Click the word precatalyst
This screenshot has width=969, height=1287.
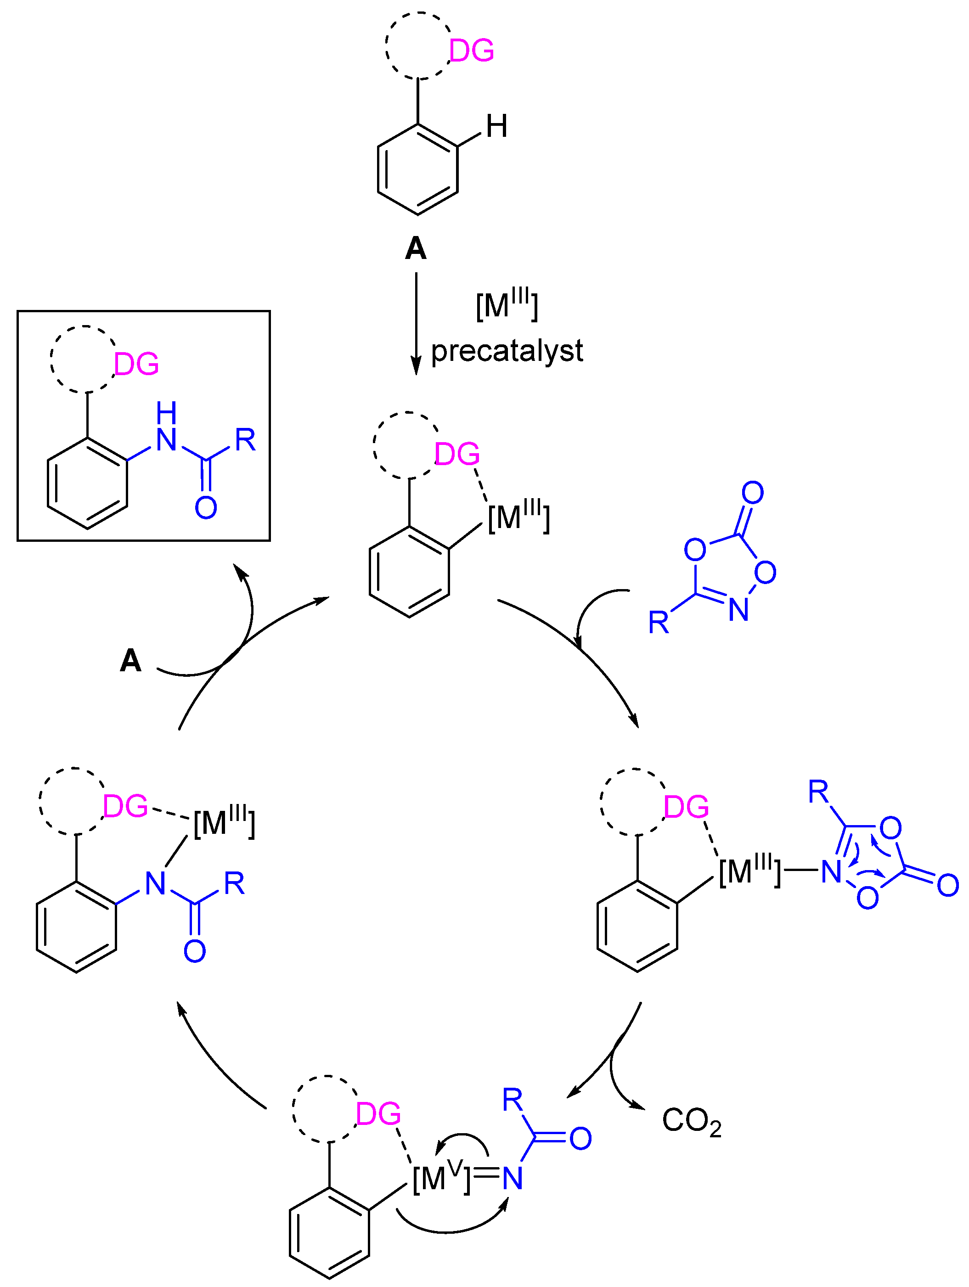pyautogui.click(x=507, y=351)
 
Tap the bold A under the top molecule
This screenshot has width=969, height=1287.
pyautogui.click(x=416, y=248)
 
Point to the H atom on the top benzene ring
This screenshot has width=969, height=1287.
pyautogui.click(x=496, y=126)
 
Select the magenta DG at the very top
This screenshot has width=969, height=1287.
pyautogui.click(x=471, y=51)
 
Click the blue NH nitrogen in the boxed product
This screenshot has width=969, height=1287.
pyautogui.click(x=166, y=439)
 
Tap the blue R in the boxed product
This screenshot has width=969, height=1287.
pyautogui.click(x=245, y=440)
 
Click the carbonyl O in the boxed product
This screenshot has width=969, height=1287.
pyautogui.click(x=205, y=507)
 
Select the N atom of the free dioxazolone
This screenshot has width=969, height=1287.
pyautogui.click(x=738, y=610)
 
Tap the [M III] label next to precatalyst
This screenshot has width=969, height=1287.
pyautogui.click(x=507, y=304)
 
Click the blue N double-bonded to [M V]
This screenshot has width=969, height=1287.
pyautogui.click(x=512, y=1179)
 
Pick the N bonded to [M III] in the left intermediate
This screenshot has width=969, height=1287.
pyautogui.click(x=155, y=883)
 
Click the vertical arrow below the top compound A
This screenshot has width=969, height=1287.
pyautogui.click(x=416, y=323)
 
